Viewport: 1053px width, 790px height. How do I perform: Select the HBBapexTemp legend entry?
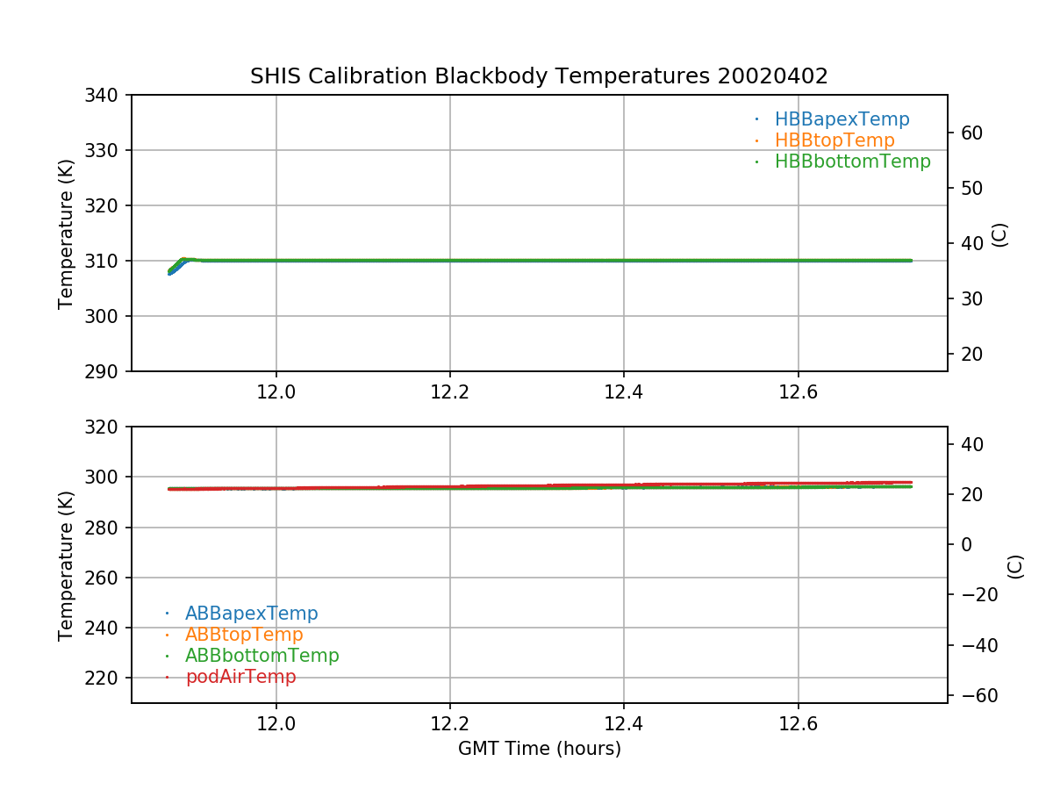842,119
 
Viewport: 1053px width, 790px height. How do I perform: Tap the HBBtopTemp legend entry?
835,140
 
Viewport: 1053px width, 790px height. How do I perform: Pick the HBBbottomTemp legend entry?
852,162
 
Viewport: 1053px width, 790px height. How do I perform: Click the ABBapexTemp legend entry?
251,614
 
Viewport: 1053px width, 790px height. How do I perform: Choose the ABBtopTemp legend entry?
244,635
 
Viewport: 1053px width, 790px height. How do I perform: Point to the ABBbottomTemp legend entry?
261,656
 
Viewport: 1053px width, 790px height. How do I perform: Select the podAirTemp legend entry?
240,677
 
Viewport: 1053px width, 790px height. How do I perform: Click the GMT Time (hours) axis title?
539,749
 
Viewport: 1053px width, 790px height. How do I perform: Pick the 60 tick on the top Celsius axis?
970,133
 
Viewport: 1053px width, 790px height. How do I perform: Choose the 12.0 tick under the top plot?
276,392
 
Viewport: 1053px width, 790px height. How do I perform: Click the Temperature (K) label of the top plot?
66,233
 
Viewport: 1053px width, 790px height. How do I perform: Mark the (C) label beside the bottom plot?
1015,565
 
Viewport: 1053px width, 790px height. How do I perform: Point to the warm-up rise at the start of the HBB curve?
175,266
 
